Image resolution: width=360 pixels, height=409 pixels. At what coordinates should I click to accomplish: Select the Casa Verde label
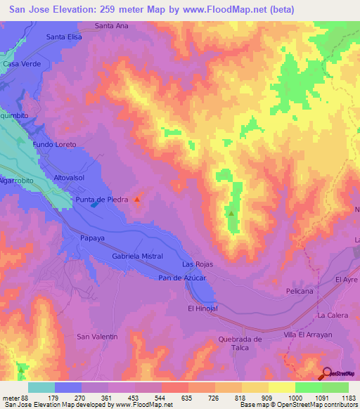pos(22,64)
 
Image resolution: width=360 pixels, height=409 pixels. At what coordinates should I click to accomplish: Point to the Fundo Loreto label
pos(54,144)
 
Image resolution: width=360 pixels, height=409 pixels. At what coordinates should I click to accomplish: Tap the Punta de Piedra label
pos(102,200)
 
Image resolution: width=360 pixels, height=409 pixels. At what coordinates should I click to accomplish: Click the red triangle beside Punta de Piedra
pos(137,200)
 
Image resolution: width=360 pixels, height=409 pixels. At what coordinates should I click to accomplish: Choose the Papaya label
pos(92,238)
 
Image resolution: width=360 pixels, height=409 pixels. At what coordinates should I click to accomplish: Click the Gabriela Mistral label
pos(138,257)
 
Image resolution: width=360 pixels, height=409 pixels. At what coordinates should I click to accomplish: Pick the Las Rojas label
pos(197,264)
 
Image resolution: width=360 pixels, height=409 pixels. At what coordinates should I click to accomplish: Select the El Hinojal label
pos(202,309)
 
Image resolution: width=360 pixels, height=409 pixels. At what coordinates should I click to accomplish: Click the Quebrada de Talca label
pos(240,344)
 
